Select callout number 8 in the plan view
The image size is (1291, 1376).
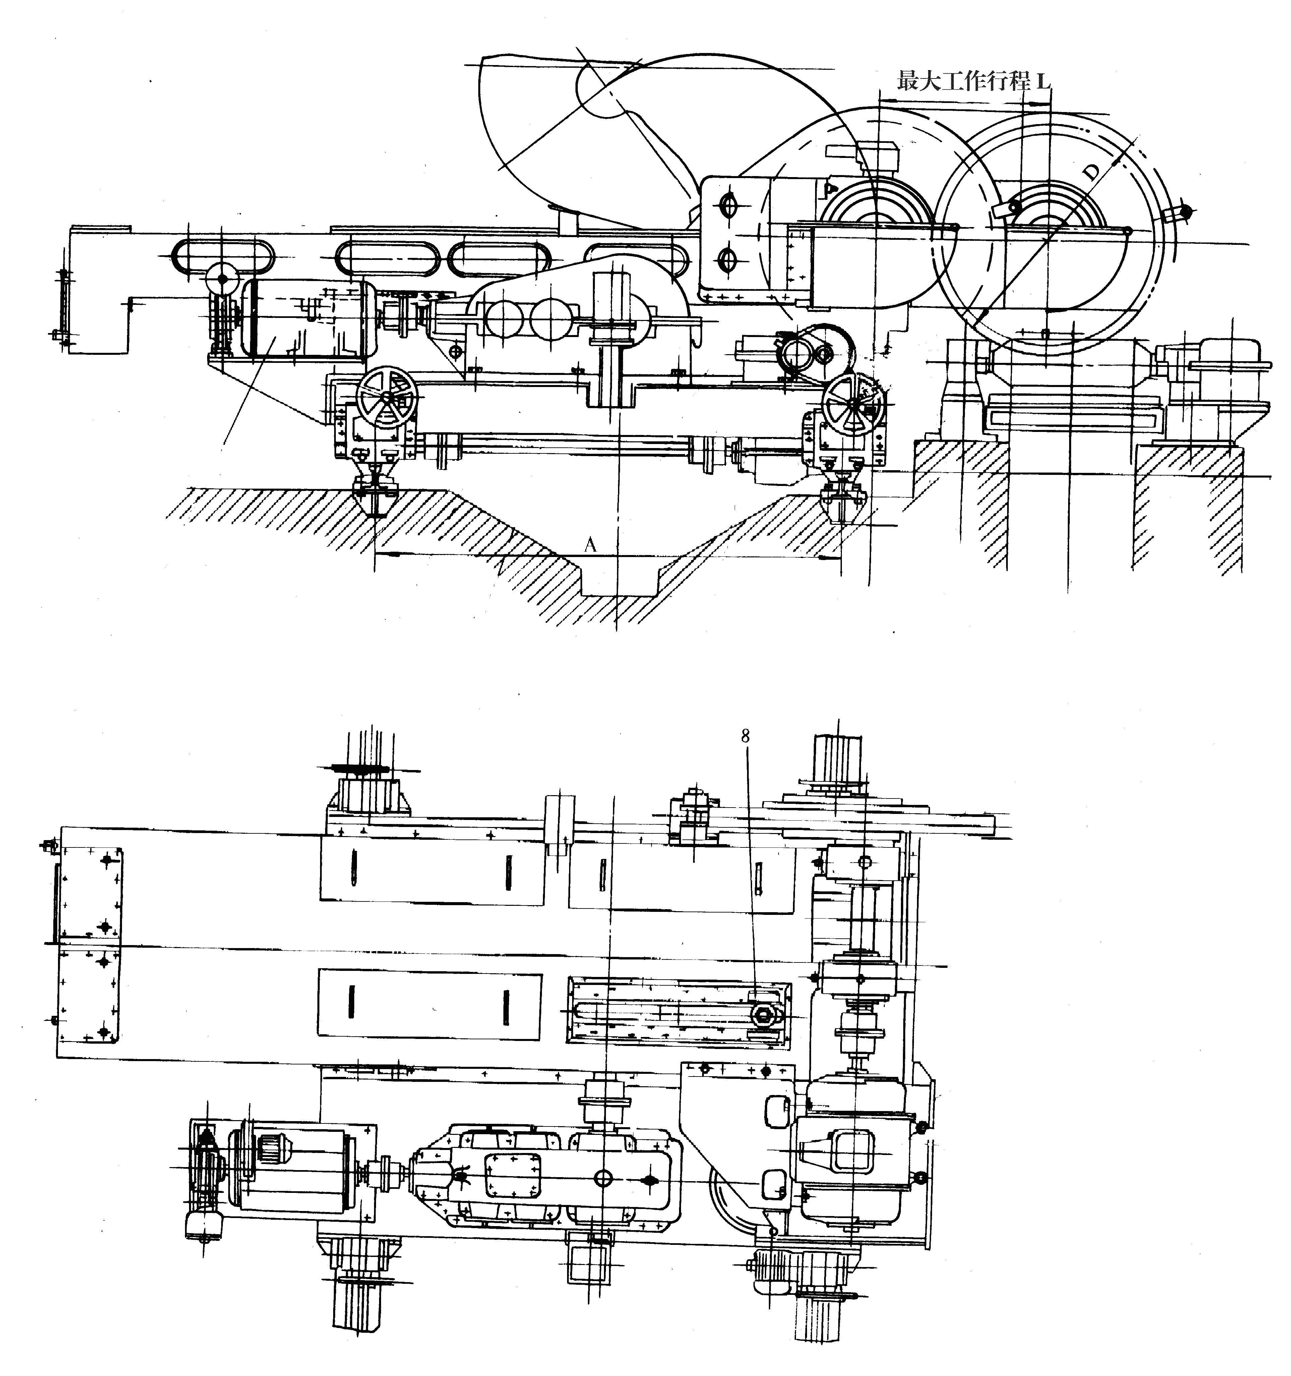click(745, 736)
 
